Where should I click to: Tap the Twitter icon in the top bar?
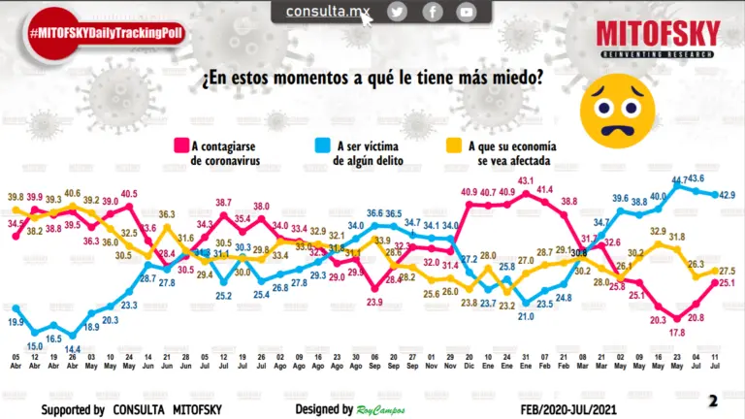(x=397, y=12)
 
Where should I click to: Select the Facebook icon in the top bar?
(x=432, y=12)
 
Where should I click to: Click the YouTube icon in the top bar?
(x=467, y=12)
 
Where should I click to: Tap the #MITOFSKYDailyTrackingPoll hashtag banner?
(x=106, y=33)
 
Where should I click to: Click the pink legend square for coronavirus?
(x=179, y=146)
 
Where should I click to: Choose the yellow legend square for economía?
(x=454, y=146)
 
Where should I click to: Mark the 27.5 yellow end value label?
(x=727, y=271)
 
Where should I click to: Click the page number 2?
(x=713, y=401)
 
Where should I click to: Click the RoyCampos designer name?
(x=382, y=410)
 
